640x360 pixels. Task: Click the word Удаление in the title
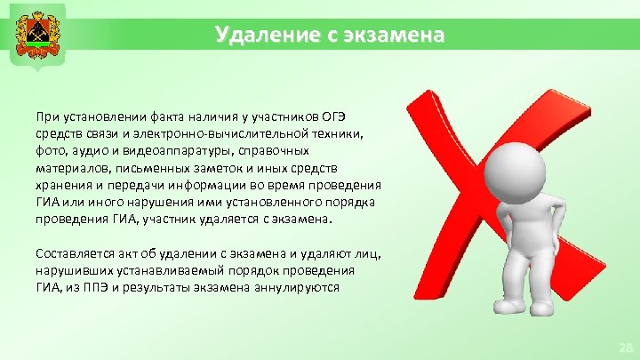coord(252,36)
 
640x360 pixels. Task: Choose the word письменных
coord(143,167)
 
